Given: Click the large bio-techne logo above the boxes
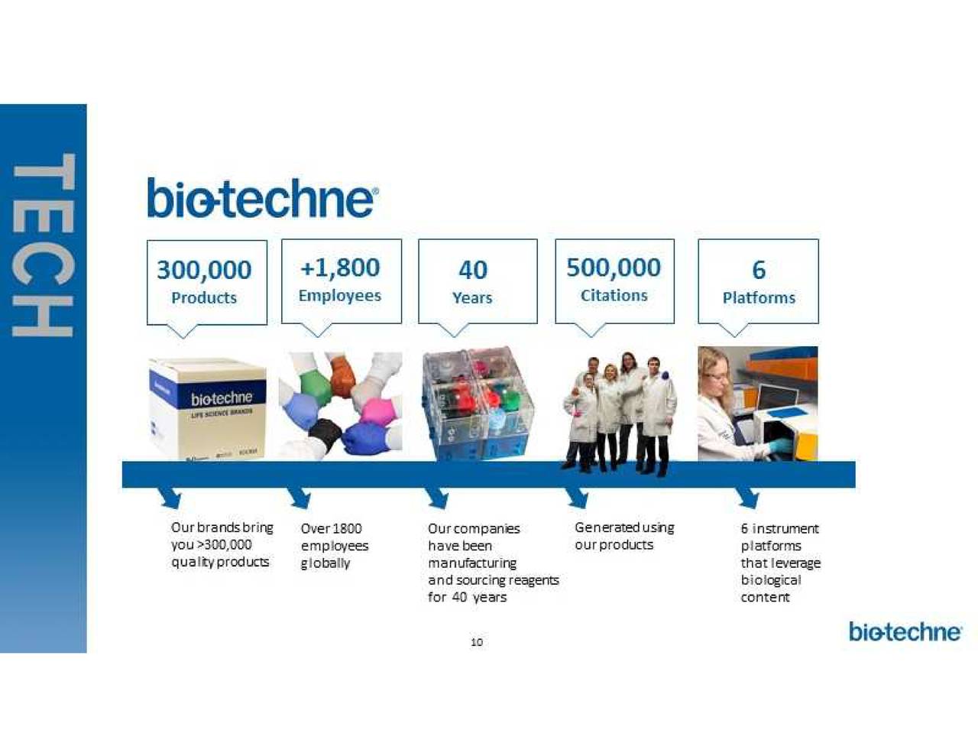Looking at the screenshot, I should (261, 198).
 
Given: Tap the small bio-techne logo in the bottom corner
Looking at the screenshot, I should (905, 632).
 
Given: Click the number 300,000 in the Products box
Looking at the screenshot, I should (204, 270).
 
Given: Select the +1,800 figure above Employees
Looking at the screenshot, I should (340, 268).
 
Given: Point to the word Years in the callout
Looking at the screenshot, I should (472, 297).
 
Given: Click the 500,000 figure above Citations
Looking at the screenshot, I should (614, 268).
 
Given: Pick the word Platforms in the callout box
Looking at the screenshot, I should (759, 297).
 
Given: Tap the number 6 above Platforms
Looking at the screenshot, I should (759, 270).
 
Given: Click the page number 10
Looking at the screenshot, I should (477, 642).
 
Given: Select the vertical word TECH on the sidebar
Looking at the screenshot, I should (43, 245).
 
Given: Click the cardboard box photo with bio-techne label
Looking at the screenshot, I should (208, 408).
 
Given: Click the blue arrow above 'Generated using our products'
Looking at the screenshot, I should (578, 498).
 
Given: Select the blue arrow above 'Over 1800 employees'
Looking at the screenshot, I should (300, 498).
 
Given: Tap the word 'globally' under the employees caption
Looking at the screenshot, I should (325, 563).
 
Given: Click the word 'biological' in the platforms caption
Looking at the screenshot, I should (771, 580).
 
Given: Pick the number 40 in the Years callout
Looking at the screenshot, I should (473, 270).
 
